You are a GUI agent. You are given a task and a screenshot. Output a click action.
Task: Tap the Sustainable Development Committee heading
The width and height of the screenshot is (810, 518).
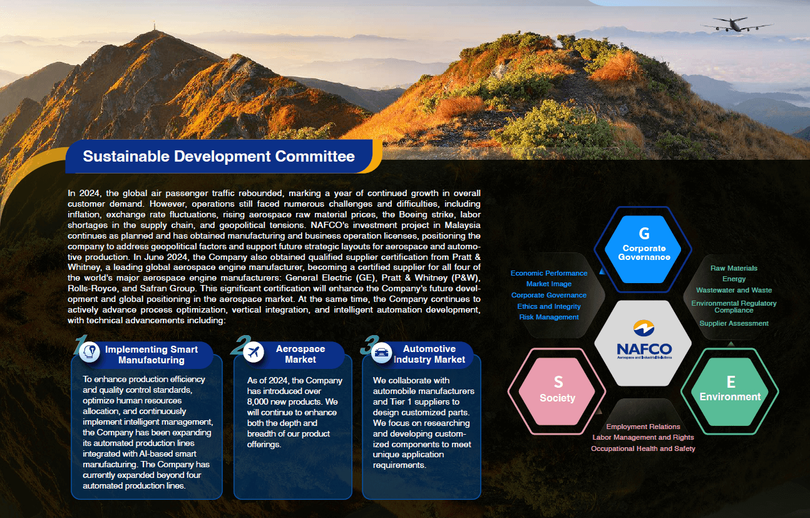[218, 156]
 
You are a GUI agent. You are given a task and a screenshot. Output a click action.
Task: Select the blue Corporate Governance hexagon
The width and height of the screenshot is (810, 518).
[643, 249]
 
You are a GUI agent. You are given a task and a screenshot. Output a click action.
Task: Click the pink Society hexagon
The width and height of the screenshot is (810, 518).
[557, 391]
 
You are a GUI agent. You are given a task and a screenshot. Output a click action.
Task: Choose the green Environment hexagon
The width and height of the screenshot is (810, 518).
[730, 391]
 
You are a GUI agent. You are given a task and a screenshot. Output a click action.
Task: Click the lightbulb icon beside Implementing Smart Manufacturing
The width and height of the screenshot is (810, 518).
[90, 351]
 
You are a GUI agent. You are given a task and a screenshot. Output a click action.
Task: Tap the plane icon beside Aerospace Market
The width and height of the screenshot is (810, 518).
[254, 351]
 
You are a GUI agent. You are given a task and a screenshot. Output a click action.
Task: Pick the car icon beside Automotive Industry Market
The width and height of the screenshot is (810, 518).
[381, 352]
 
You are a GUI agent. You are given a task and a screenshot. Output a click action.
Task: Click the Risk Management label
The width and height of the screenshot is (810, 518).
[549, 317]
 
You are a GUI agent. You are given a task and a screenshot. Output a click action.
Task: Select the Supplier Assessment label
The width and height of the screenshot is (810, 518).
[734, 323]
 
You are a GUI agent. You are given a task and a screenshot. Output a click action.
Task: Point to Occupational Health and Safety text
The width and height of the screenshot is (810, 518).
[643, 448]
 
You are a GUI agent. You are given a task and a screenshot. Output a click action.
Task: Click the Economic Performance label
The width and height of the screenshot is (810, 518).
[549, 273]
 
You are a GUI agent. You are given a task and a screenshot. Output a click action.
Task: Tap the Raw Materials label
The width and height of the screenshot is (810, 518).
[734, 268]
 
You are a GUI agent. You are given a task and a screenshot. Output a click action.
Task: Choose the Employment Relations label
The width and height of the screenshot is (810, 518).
[643, 427]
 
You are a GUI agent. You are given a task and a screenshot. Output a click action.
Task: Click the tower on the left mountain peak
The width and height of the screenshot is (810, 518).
[155, 26]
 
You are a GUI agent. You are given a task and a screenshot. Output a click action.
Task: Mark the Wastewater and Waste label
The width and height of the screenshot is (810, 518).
[734, 290]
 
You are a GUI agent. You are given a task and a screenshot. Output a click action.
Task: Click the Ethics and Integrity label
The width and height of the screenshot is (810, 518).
[549, 306]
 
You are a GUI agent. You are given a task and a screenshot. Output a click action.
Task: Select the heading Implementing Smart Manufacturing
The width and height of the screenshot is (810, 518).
[151, 355]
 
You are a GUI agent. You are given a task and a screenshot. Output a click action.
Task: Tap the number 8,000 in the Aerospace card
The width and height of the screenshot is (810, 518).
[259, 402]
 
